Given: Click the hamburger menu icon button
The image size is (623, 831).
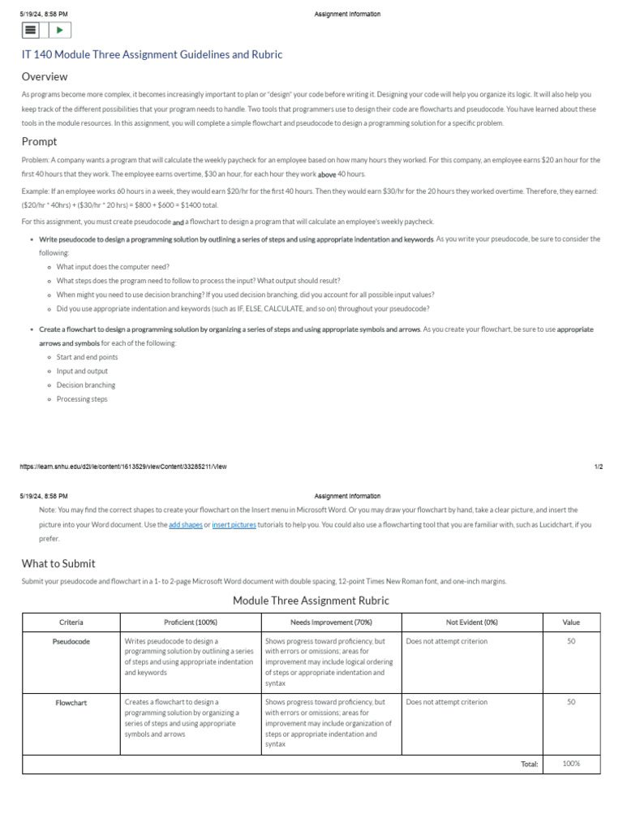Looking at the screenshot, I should tap(31, 31).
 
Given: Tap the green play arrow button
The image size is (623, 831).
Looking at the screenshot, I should tap(60, 31).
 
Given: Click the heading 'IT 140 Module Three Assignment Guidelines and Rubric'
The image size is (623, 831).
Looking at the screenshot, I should tap(152, 54).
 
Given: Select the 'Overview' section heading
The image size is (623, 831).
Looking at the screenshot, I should tap(45, 77).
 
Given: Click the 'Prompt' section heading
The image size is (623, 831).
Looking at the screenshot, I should tap(39, 142).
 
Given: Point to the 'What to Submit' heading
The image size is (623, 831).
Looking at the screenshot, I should tap(58, 563).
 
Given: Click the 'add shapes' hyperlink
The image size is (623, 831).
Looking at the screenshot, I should tap(185, 525).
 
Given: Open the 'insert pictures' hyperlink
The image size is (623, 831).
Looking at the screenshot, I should tap(234, 525).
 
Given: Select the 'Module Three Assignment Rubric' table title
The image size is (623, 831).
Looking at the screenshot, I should tap(311, 601).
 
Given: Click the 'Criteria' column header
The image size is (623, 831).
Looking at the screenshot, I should tap(71, 622).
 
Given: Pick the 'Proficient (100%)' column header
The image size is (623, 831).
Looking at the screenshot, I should tap(191, 622).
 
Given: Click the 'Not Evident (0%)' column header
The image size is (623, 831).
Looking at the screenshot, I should tap(472, 622).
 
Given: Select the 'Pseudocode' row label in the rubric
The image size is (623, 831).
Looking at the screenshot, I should tap(71, 641).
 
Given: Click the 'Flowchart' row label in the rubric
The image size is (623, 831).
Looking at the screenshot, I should tap(71, 703).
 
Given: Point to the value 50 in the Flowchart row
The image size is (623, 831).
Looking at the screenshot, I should tap(571, 702).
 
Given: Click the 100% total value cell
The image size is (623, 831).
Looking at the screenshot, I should tap(571, 764).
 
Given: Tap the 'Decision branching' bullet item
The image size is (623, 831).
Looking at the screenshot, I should tap(86, 385).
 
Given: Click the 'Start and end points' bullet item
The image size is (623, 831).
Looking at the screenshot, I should tap(87, 357).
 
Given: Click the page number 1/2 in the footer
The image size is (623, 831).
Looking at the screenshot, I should tap(599, 467).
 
